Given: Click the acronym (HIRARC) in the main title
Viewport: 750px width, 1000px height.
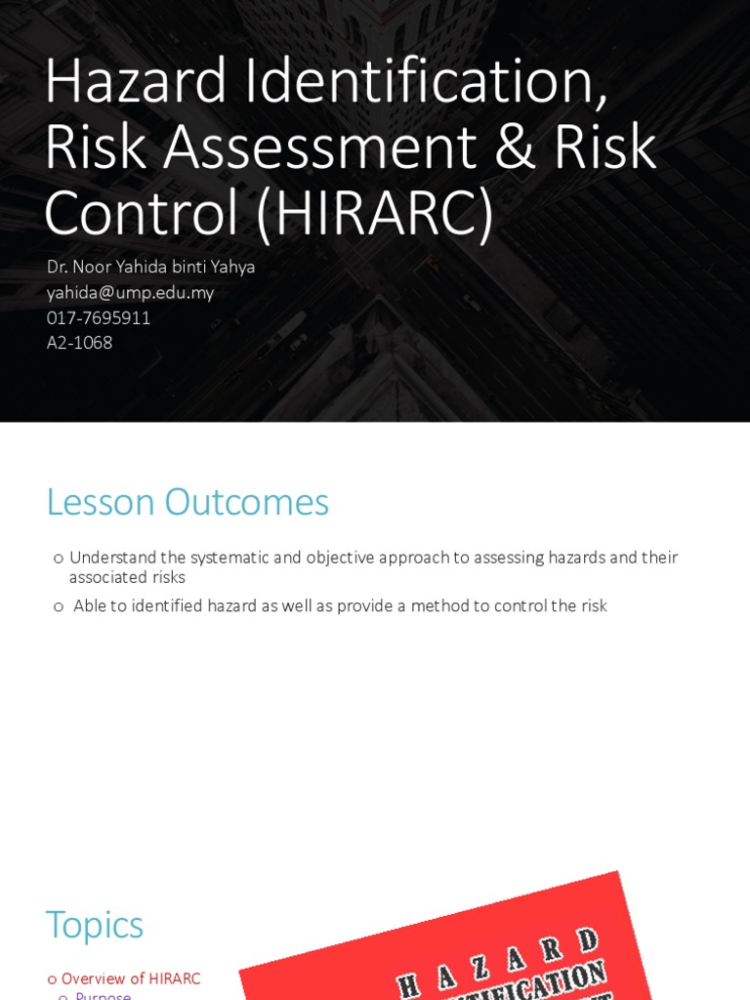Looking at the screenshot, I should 375,213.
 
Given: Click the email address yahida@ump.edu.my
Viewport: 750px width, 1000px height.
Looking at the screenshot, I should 130,292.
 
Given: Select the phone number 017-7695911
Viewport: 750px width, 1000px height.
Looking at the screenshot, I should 99,317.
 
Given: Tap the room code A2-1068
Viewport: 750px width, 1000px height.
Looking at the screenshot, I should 79,343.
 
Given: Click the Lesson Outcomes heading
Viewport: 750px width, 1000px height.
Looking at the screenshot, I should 187,502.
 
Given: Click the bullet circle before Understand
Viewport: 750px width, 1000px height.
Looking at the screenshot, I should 59,559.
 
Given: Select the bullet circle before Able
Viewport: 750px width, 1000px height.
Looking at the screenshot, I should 59,606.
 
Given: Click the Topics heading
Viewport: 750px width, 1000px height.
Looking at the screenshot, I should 95,924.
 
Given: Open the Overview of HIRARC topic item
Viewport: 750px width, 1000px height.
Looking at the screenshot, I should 131,979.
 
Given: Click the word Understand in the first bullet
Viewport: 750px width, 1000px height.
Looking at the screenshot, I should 113,558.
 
